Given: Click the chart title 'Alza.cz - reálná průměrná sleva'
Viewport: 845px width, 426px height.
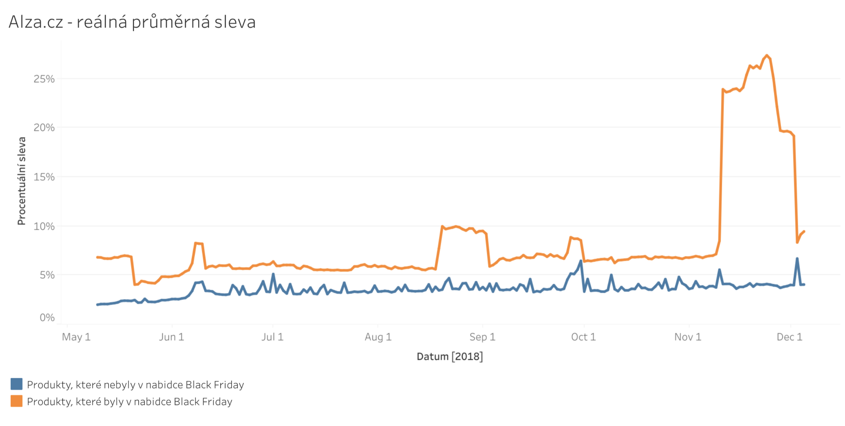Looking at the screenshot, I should [132, 22].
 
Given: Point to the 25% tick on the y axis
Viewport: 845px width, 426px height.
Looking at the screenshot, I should [44, 79].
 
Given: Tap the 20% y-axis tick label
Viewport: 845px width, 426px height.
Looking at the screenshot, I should [44, 128].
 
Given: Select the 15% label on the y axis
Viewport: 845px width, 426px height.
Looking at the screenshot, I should [44, 177].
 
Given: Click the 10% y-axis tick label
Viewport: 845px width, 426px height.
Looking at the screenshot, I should [44, 226].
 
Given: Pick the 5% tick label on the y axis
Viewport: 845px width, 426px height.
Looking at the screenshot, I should [47, 275].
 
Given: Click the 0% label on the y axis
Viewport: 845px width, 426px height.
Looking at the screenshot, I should [47, 317].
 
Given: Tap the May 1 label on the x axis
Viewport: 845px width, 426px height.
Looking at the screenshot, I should [76, 337].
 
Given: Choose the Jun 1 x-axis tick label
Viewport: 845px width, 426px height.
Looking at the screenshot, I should [172, 337].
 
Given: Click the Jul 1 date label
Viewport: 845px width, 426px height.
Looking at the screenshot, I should [273, 337].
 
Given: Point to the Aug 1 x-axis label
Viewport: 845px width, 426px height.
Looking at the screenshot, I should [378, 337].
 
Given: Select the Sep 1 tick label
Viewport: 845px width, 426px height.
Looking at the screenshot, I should [482, 337].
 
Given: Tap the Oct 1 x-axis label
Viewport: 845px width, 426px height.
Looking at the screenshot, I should [583, 337].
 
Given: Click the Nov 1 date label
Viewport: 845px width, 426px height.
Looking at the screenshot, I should [688, 337].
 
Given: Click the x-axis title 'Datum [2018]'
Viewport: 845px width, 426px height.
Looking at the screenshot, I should [450, 356].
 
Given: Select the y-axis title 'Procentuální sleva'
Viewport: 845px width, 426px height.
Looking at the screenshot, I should [22, 181].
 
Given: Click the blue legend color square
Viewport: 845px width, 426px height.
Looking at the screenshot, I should [16, 384].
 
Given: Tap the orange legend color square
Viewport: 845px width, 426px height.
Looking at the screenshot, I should [16, 401].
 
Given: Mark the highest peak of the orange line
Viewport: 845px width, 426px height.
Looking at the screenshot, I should [767, 56].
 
